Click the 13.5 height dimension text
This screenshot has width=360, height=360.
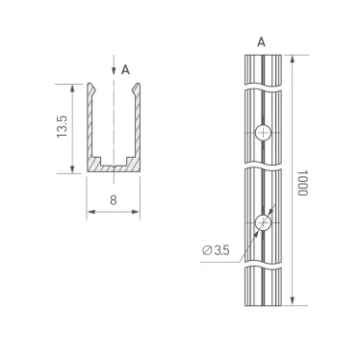[x=63, y=128]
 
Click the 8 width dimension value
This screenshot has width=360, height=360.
[x=114, y=200]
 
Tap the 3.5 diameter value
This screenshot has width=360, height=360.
[x=220, y=250]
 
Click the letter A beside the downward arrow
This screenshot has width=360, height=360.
[x=126, y=69]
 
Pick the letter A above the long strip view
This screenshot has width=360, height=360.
[x=262, y=41]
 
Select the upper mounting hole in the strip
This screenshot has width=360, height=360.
[x=264, y=133]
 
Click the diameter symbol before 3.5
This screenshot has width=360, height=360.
[x=207, y=250]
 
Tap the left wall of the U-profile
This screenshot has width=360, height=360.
[x=91, y=125]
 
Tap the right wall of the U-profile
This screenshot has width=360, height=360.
[x=138, y=125]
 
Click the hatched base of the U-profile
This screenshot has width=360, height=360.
[x=115, y=168]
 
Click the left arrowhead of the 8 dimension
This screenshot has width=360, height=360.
[x=90, y=214]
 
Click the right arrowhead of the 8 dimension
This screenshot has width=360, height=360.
[x=139, y=214]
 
